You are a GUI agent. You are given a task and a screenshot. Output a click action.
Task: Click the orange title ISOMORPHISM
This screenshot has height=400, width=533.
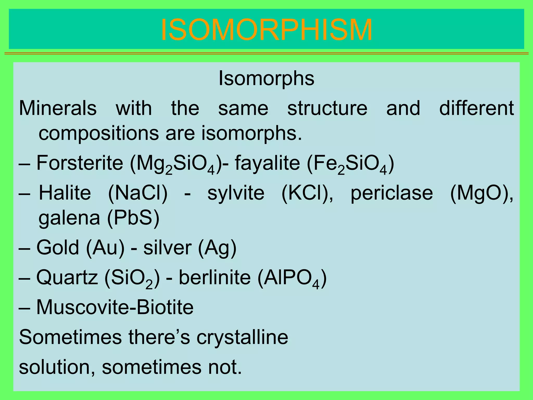[266, 30]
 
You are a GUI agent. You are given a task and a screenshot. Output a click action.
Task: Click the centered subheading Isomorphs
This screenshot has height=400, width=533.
[266, 78]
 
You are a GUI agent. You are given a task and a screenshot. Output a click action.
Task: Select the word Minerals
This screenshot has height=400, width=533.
[58, 108]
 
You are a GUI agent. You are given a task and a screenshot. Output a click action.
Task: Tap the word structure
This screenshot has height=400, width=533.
[327, 108]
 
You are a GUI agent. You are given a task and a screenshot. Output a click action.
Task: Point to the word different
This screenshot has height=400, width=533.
[476, 108]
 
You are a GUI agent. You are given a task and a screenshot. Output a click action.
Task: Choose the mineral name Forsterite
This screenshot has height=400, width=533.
[80, 163]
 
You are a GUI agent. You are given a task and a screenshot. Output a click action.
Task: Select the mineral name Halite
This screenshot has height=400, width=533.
[65, 193]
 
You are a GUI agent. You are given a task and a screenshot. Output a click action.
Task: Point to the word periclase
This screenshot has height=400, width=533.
[392, 193]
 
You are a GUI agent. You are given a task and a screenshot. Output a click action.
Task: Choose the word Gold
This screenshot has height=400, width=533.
[58, 247]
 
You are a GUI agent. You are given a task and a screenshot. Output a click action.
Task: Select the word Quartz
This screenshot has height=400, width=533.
[67, 278]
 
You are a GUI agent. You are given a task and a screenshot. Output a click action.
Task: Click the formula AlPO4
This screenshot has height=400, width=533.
[291, 278]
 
